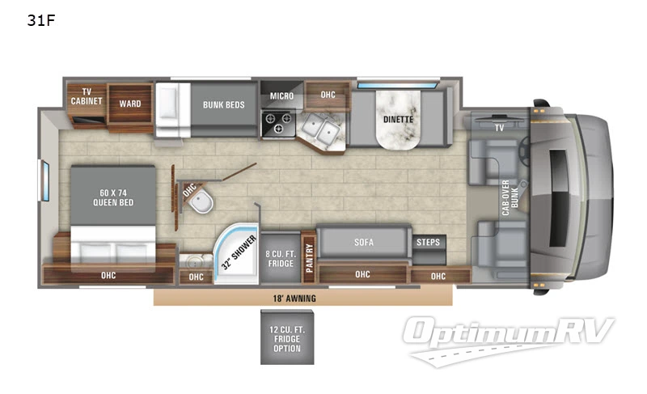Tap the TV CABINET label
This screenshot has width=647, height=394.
(86, 96)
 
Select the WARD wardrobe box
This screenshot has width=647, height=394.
(130, 104)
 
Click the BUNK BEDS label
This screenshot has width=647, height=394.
(223, 104)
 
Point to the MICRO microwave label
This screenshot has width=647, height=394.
(281, 96)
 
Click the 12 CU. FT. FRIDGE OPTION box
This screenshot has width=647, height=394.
(286, 337)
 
